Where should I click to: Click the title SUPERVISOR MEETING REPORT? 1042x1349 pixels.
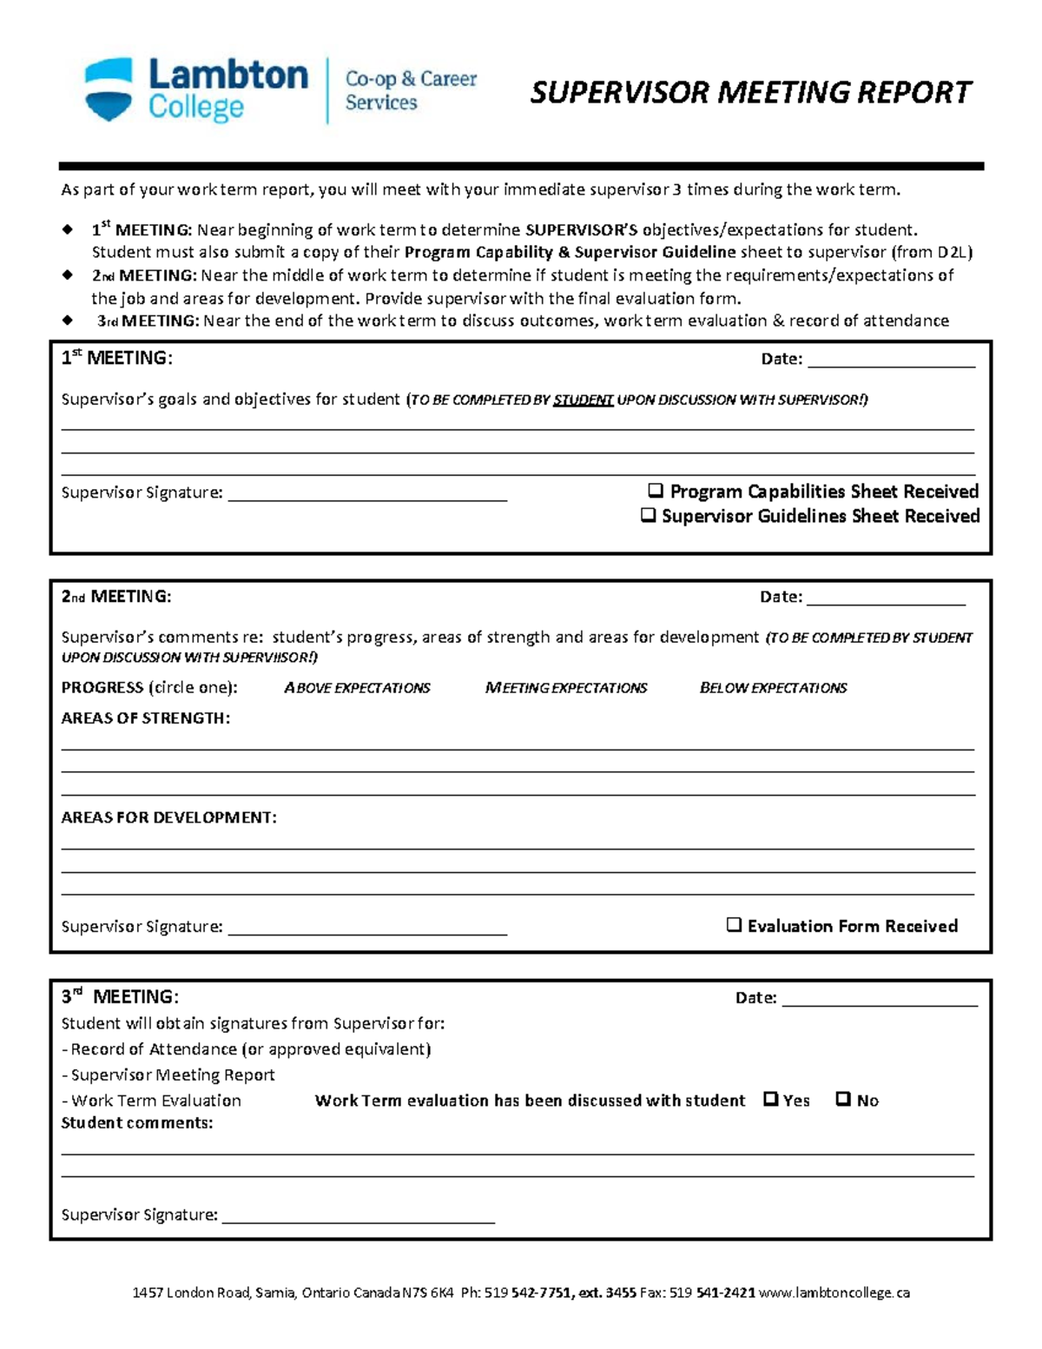tap(750, 92)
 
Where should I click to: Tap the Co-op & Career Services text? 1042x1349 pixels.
tap(411, 90)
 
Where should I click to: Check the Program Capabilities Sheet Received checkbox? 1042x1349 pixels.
tap(656, 491)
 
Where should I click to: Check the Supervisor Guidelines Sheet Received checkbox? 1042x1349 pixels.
tap(648, 515)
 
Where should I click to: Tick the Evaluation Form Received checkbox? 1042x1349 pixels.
tap(734, 925)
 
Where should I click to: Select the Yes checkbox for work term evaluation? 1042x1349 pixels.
tap(770, 1099)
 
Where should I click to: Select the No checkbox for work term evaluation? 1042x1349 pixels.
tap(842, 1099)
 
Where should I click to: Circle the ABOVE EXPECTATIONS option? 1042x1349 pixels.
tap(357, 688)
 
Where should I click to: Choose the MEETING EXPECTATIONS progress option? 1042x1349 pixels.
tap(566, 688)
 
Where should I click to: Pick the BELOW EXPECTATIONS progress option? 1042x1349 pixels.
tap(773, 688)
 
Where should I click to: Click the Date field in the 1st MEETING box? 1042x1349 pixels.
tap(891, 360)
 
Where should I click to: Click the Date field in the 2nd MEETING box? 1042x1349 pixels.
tap(886, 597)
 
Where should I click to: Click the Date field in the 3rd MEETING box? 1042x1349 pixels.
tap(879, 998)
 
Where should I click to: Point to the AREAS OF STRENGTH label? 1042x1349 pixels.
tap(145, 718)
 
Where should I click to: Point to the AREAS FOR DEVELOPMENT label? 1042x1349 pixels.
tap(168, 817)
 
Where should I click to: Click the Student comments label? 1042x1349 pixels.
tap(136, 1123)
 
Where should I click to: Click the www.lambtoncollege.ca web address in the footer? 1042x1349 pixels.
tap(834, 1293)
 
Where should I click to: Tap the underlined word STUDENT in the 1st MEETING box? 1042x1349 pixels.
tap(583, 400)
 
